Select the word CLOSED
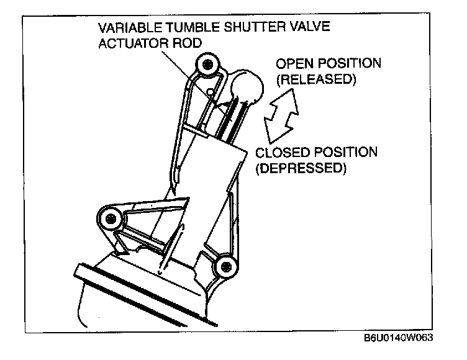click(x=278, y=153)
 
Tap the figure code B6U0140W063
click(x=398, y=340)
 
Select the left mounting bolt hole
click(x=111, y=218)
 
